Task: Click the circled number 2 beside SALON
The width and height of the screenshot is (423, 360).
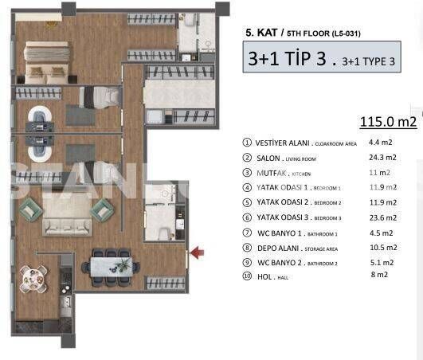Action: (x=246, y=158)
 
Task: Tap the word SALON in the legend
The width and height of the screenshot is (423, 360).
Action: (x=268, y=158)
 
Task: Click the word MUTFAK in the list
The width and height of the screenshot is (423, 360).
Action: (x=271, y=173)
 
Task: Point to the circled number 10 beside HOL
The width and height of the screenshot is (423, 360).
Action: (x=246, y=275)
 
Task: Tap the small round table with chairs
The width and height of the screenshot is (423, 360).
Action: (x=32, y=278)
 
